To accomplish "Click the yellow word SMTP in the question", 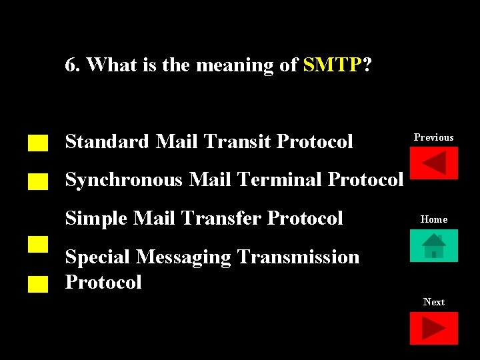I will tap(332, 65).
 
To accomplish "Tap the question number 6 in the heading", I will tap(70, 65).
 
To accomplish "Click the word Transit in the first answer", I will tap(238, 141).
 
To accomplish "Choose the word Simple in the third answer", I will tap(95, 218).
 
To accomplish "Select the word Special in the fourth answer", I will tap(97, 257).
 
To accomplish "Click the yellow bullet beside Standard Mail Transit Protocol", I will tap(39, 143).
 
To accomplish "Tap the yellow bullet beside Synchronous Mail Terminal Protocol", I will tap(39, 181).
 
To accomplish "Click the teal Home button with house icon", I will tap(433, 245).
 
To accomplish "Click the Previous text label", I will tap(433, 137).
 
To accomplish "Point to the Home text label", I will tap(433, 219).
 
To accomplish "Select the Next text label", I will tap(433, 302).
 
